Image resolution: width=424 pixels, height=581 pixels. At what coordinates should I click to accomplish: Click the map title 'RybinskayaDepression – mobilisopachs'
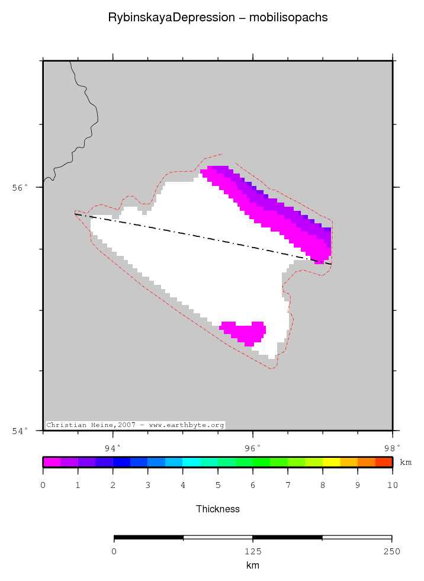coord(217,18)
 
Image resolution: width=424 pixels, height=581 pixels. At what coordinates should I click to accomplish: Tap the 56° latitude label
coord(20,188)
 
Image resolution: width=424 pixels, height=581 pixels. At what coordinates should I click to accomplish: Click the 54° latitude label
coord(20,431)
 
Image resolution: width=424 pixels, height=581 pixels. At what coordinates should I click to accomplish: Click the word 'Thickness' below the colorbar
coord(217,509)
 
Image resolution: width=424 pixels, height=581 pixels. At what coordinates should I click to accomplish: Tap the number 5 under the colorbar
coord(218,486)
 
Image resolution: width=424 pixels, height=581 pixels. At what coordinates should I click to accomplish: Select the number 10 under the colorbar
coord(391,486)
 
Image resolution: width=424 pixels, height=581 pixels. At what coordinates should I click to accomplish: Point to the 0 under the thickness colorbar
coord(43,486)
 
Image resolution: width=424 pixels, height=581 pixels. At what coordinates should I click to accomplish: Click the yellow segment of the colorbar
coord(331,462)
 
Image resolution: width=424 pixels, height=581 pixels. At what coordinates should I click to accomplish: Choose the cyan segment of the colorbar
coord(191,462)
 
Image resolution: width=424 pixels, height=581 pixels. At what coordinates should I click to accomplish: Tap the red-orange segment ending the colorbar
coord(384,462)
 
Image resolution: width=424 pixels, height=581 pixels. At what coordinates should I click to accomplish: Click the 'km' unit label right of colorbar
coord(406,462)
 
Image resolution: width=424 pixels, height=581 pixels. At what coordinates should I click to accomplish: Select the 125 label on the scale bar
coord(253,551)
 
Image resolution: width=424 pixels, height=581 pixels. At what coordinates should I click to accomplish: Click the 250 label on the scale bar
coord(391,551)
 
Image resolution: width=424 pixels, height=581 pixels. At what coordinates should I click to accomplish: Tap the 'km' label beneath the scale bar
coord(253,566)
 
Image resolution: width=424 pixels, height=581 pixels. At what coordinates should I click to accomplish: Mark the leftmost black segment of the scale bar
coord(149,538)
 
